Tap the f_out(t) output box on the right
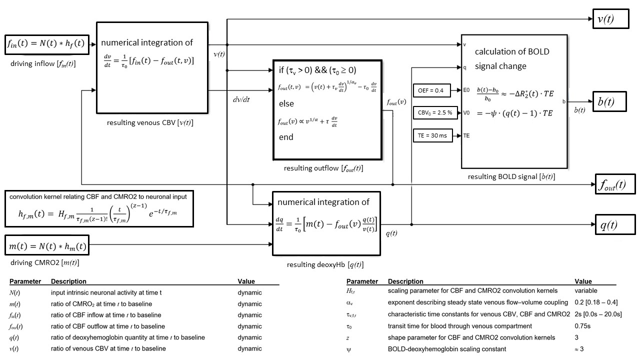615,184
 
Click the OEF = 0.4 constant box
431,90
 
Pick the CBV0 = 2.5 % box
435,113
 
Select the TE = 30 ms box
433,135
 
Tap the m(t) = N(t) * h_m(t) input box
47,246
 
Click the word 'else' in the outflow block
286,104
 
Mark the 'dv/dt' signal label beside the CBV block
241,99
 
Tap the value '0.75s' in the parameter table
584,326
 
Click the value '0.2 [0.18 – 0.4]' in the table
598,302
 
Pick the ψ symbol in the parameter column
348,348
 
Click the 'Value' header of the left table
246,281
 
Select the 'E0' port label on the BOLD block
467,90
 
